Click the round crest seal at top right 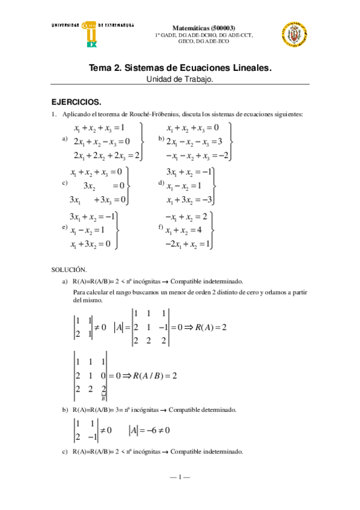294,37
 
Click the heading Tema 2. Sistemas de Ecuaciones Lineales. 180,69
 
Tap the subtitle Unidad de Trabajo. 180,79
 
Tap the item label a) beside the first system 65,140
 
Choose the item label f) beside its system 160,227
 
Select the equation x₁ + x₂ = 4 187,230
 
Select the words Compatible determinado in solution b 203,410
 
